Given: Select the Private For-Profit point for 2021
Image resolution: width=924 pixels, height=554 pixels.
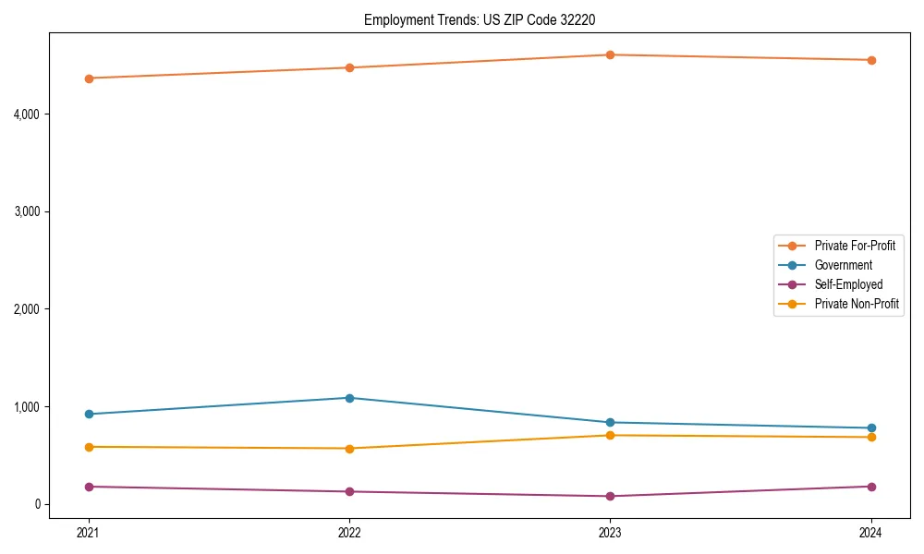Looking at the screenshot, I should point(89,78).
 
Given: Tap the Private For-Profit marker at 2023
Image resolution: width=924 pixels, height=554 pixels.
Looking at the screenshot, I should point(611,55).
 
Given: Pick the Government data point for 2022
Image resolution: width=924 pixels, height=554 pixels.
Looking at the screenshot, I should point(349,398).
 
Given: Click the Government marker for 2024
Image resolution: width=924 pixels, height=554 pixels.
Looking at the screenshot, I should point(871,428).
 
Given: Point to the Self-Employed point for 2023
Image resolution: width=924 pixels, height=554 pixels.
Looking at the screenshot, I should point(611,497).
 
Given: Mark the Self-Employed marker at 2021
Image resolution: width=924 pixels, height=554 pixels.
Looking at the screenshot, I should point(89,487).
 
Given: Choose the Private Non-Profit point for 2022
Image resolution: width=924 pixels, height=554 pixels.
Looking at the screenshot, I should point(349,449).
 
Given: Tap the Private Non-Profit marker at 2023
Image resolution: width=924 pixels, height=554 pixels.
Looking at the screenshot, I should point(611,436).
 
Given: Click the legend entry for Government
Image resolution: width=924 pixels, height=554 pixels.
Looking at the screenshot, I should point(843,265).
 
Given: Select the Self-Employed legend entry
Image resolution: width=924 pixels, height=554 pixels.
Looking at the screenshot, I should point(848,284).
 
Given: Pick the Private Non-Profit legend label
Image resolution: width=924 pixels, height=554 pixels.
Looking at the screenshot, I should point(857,304).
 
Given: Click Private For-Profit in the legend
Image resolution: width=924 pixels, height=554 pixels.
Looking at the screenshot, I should point(855,246).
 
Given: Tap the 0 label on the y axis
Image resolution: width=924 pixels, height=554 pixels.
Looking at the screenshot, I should point(38,504).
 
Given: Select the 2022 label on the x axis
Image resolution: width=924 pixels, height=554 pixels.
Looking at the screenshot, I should point(349,533).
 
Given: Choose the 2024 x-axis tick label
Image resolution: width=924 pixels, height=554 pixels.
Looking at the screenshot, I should point(871,533).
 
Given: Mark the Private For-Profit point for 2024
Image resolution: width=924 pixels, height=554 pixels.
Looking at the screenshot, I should point(871,60).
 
